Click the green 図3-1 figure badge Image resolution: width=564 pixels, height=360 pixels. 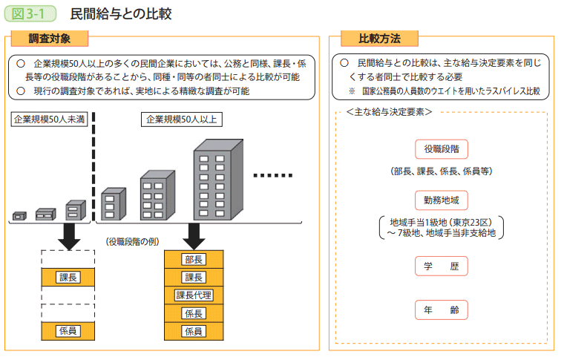click(x=30, y=13)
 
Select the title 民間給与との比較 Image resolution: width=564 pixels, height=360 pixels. click(x=121, y=13)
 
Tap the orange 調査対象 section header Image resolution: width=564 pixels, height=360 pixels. click(x=50, y=39)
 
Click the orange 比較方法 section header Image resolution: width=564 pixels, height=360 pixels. click(x=379, y=39)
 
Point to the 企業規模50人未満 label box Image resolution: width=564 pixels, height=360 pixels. click(x=49, y=119)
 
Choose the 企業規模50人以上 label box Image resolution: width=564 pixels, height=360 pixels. click(x=180, y=119)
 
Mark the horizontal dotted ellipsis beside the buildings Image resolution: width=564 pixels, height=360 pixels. click(x=273, y=176)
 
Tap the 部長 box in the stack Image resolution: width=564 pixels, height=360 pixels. click(x=194, y=259)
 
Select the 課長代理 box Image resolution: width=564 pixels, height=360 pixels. click(x=194, y=295)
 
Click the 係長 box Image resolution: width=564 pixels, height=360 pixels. click(x=194, y=313)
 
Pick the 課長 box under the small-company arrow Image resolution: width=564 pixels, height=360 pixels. click(x=68, y=277)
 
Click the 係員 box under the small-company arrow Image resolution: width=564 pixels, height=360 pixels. click(x=68, y=330)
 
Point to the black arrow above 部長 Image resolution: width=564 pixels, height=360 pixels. click(x=194, y=237)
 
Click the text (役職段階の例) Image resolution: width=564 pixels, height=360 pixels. click(x=132, y=241)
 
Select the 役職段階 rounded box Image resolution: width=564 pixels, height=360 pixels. click(x=441, y=148)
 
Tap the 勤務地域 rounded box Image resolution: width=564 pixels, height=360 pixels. click(x=441, y=199)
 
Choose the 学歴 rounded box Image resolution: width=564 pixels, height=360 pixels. click(x=441, y=266)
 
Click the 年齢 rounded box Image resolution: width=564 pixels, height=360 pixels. click(x=441, y=310)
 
